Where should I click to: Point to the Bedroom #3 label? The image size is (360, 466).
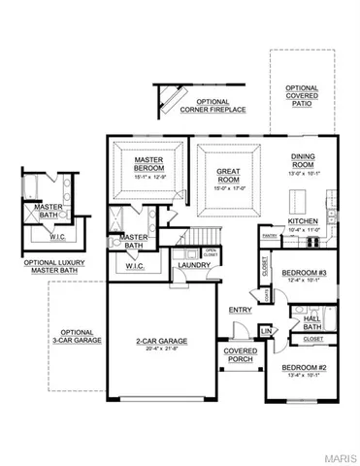tap(301, 273)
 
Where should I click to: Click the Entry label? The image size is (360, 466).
tap(240, 310)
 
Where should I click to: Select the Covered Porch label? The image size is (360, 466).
tap(240, 355)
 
